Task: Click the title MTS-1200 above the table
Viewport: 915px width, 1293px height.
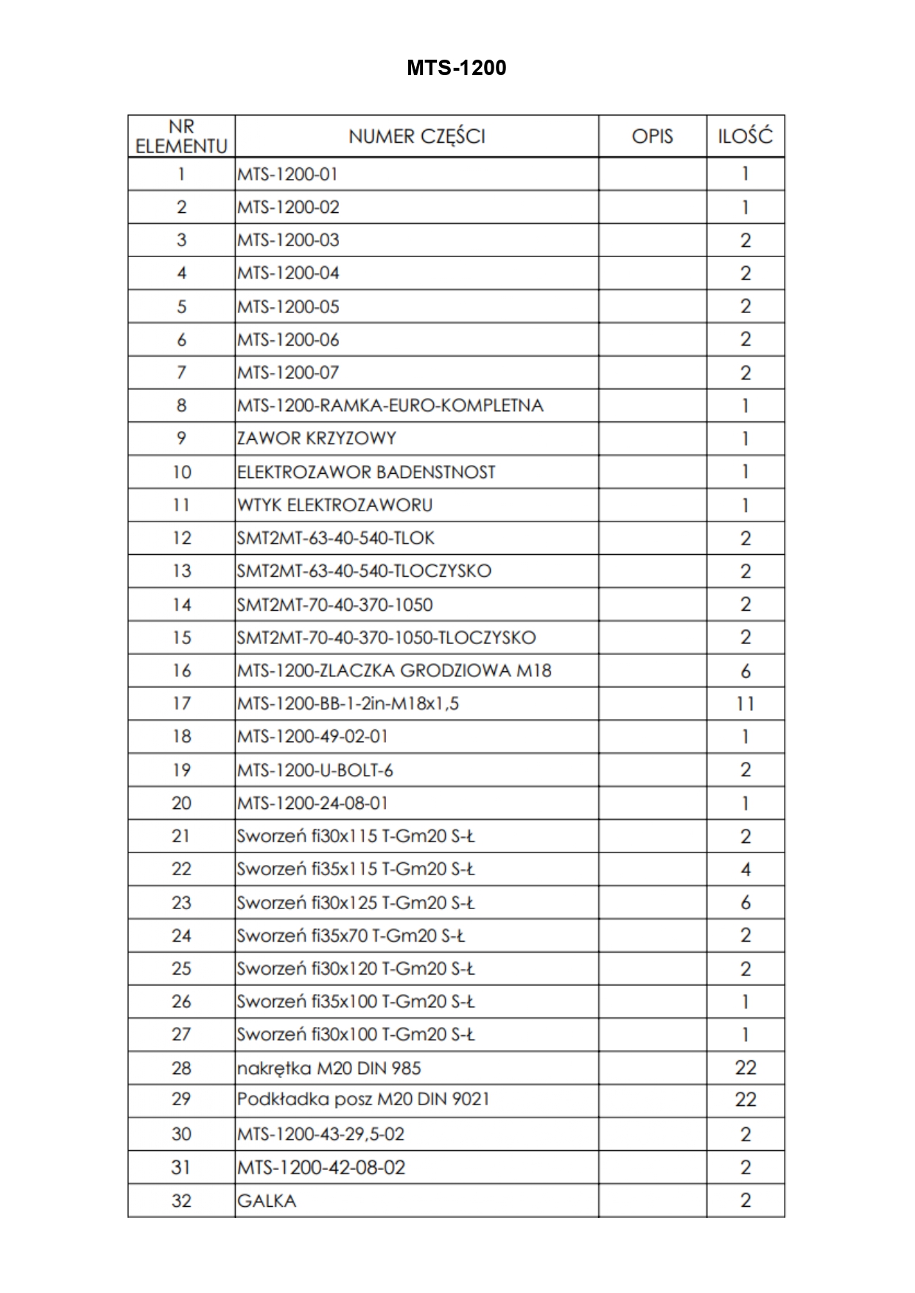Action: point(456,68)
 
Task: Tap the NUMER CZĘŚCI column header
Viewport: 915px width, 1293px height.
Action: point(416,136)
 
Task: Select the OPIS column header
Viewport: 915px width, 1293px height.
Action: point(652,136)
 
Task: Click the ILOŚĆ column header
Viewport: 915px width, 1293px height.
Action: point(745,136)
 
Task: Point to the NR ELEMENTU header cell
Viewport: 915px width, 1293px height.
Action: point(181,136)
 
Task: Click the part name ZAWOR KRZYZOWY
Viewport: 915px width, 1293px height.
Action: point(317,438)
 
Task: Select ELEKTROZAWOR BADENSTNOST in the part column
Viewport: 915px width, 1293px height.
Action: point(366,472)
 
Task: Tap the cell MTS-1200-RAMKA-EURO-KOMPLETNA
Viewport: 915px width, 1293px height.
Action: point(390,405)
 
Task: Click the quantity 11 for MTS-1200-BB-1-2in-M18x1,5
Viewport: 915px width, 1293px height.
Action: point(745,704)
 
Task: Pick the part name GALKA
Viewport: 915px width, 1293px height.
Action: point(267,1201)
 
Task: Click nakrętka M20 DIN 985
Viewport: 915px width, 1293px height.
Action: point(329,1068)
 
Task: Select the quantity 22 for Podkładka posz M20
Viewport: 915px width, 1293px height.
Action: point(745,1099)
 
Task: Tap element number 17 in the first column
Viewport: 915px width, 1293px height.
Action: point(181,704)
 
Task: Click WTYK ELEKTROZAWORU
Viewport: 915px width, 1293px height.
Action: point(335,505)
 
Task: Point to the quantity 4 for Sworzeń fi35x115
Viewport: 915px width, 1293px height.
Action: point(745,869)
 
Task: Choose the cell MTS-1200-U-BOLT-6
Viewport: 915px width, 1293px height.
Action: point(315,770)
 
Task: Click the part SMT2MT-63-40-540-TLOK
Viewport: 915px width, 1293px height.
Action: point(336,538)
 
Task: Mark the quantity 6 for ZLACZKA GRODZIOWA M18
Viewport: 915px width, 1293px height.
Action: point(745,670)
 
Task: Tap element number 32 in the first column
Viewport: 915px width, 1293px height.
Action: point(181,1201)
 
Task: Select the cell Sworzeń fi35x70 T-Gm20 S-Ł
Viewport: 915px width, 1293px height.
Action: point(351,936)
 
